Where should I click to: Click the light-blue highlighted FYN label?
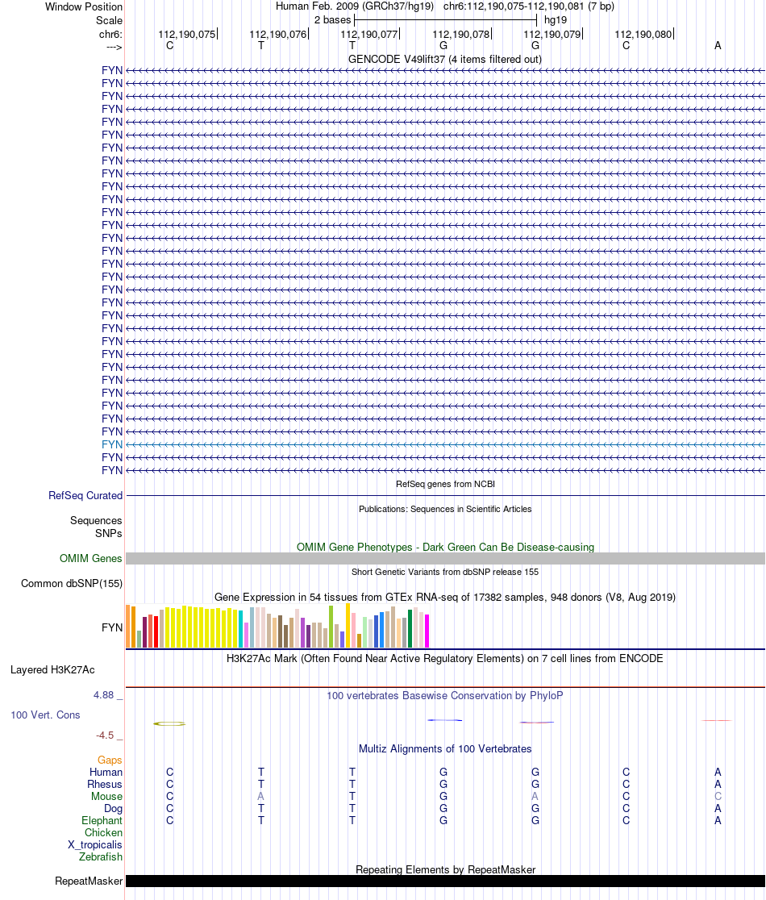pyautogui.click(x=112, y=444)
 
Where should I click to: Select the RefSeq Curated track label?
pyautogui.click(x=85, y=496)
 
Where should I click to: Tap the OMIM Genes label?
pyautogui.click(x=91, y=558)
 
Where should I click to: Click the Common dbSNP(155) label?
pyautogui.click(x=72, y=584)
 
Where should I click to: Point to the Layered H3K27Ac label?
pyautogui.click(x=52, y=669)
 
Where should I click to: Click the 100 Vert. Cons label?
pyautogui.click(x=45, y=715)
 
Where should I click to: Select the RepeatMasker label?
pyautogui.click(x=89, y=881)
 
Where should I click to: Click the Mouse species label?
pyautogui.click(x=106, y=796)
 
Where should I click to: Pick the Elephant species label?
pyautogui.click(x=102, y=820)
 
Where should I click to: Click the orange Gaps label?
pyautogui.click(x=110, y=760)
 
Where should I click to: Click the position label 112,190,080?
pyautogui.click(x=643, y=35)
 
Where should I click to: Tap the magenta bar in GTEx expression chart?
pyautogui.click(x=427, y=631)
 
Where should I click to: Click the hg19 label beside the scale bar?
pyautogui.click(x=556, y=19)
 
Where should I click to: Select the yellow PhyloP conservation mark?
pyautogui.click(x=169, y=723)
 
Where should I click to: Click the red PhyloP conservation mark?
pyautogui.click(x=536, y=722)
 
